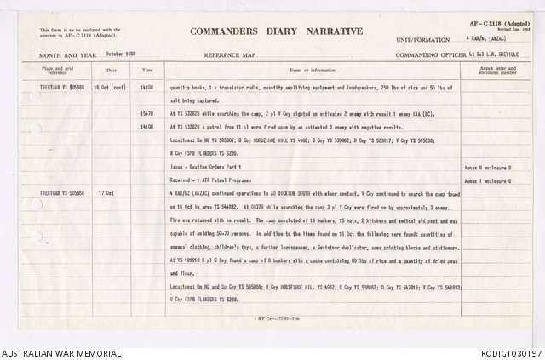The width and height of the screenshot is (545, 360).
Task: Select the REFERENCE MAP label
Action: [x=221, y=54]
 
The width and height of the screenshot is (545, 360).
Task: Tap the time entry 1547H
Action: [x=146, y=113]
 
